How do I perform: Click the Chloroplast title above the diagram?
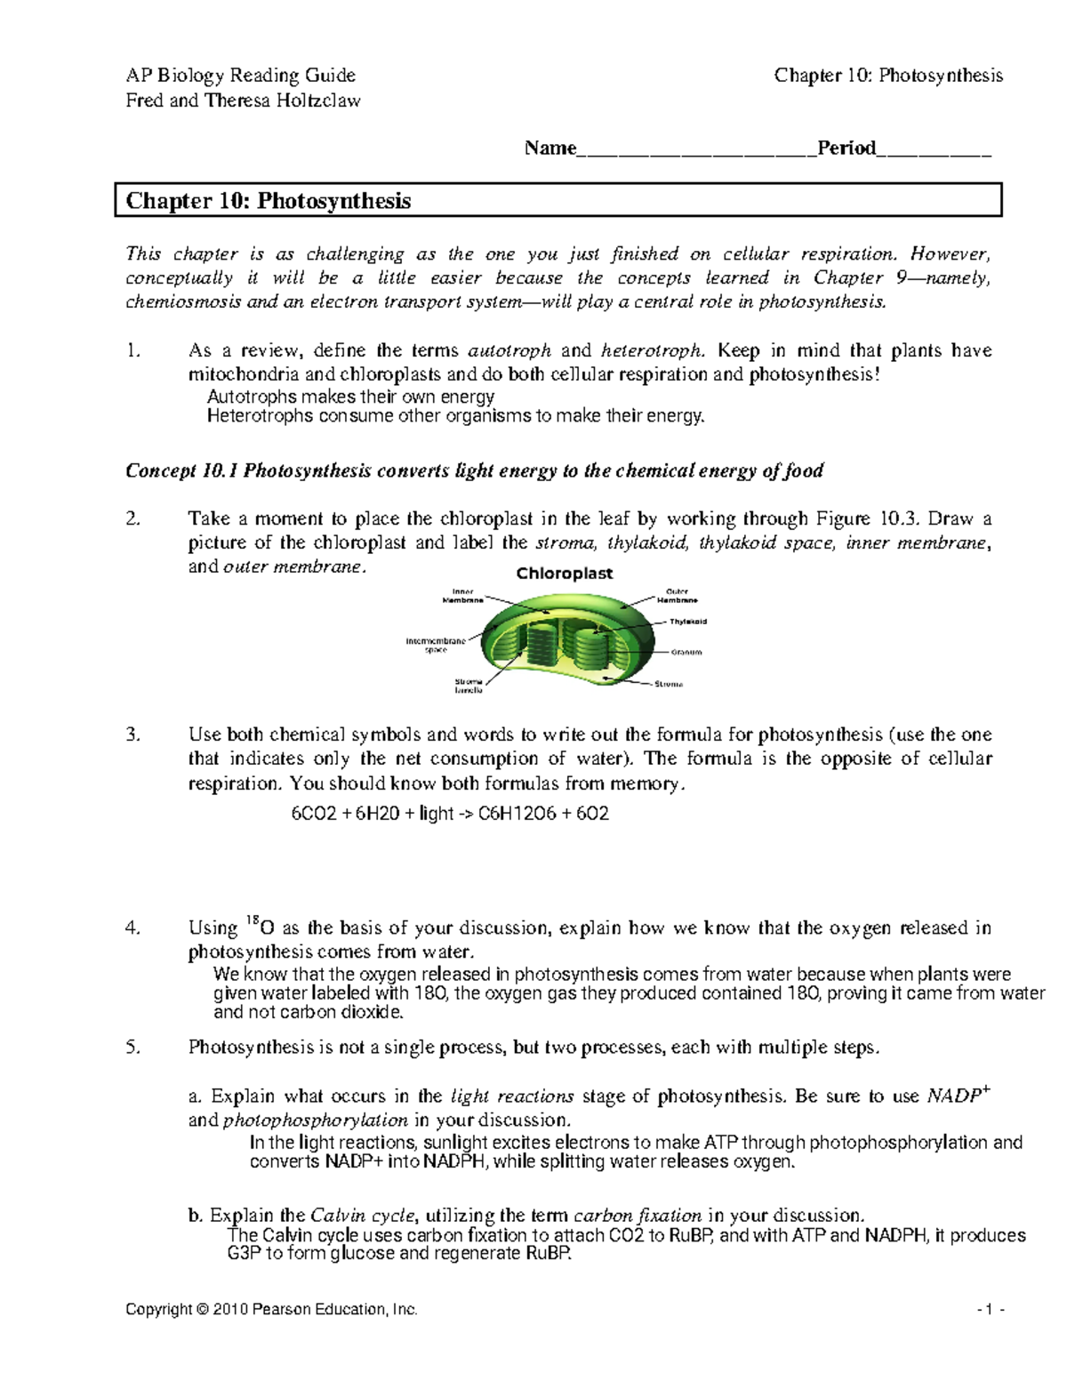point(565,574)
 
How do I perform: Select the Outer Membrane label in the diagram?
point(677,596)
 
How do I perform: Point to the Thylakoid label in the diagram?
point(687,622)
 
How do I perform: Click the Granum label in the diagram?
point(686,652)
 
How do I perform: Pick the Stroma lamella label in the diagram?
point(469,686)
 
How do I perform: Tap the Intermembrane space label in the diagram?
point(436,645)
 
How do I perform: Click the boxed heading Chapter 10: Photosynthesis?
point(269,201)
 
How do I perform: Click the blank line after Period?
point(934,149)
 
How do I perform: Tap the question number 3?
point(132,735)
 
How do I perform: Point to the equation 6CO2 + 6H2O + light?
point(450,813)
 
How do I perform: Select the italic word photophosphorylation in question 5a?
point(315,1120)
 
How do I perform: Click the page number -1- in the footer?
point(990,1309)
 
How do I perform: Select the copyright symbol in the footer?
point(204,1309)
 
